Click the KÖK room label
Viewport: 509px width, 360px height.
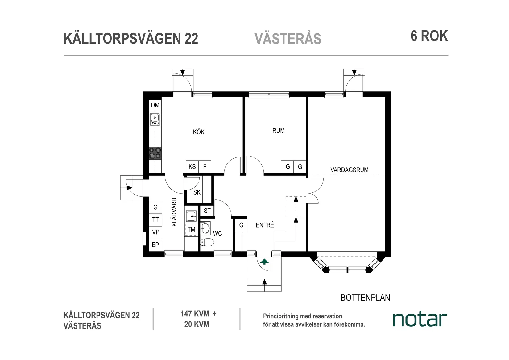pyautogui.click(x=199, y=132)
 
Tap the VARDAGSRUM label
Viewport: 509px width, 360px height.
pyautogui.click(x=349, y=170)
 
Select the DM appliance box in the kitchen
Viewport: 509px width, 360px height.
pyautogui.click(x=155, y=105)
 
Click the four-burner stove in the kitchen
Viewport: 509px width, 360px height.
pyautogui.click(x=155, y=153)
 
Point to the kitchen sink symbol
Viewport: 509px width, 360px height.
pyautogui.click(x=155, y=119)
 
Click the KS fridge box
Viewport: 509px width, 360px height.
pyautogui.click(x=192, y=167)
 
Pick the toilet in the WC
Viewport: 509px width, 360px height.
pyautogui.click(x=206, y=242)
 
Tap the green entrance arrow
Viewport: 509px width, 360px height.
pyautogui.click(x=264, y=262)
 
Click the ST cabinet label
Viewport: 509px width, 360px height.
pyautogui.click(x=207, y=211)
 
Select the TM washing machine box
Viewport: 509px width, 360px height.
pyautogui.click(x=191, y=229)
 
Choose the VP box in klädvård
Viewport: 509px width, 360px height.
pyautogui.click(x=155, y=232)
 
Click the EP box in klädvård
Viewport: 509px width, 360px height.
pyautogui.click(x=155, y=245)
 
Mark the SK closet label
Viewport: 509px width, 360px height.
pyautogui.click(x=197, y=192)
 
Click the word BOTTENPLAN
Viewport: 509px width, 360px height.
pyautogui.click(x=365, y=298)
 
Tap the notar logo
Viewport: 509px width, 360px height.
pyautogui.click(x=420, y=319)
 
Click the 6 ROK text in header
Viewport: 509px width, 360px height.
pyautogui.click(x=429, y=36)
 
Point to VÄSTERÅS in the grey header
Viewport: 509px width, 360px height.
pyautogui.click(x=288, y=39)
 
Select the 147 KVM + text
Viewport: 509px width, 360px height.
pyautogui.click(x=198, y=314)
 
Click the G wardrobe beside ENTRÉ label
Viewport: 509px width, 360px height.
pyautogui.click(x=241, y=225)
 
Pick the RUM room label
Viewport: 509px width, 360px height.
pyautogui.click(x=278, y=131)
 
